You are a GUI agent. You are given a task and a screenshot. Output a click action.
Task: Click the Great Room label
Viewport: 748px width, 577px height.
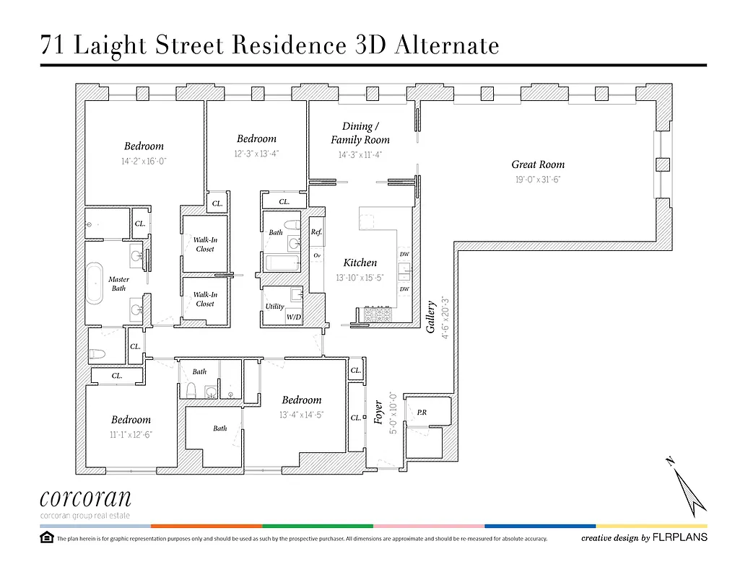pos(538,164)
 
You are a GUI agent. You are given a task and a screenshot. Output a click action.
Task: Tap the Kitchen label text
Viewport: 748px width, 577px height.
pos(360,263)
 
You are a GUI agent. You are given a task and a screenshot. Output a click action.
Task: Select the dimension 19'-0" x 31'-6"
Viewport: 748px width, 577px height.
pos(538,180)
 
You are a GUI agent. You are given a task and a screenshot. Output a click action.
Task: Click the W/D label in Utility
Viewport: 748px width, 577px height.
pos(294,317)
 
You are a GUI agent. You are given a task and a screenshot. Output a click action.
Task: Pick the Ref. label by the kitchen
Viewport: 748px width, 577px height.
pos(316,232)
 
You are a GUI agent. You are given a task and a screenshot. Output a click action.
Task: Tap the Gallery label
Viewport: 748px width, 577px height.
pos(431,317)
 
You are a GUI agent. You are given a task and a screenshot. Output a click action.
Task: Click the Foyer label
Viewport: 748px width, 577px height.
pos(379,413)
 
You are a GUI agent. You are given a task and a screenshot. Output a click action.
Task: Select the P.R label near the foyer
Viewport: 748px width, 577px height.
pos(422,413)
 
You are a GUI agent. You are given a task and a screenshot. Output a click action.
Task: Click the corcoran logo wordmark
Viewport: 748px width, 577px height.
pos(85,498)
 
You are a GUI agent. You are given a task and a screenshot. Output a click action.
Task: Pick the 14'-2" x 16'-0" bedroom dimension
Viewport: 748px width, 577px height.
pos(144,162)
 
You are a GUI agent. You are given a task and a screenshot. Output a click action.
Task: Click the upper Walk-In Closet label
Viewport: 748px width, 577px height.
pos(205,245)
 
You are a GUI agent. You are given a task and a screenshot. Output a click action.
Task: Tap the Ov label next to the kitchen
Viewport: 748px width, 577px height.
pos(316,255)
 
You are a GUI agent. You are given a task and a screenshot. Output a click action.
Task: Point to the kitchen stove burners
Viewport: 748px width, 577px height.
pos(376,314)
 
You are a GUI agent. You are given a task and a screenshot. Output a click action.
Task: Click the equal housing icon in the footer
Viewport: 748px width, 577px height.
pos(47,537)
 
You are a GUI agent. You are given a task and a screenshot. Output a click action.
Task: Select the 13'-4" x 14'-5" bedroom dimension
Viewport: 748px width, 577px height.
pos(301,415)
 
